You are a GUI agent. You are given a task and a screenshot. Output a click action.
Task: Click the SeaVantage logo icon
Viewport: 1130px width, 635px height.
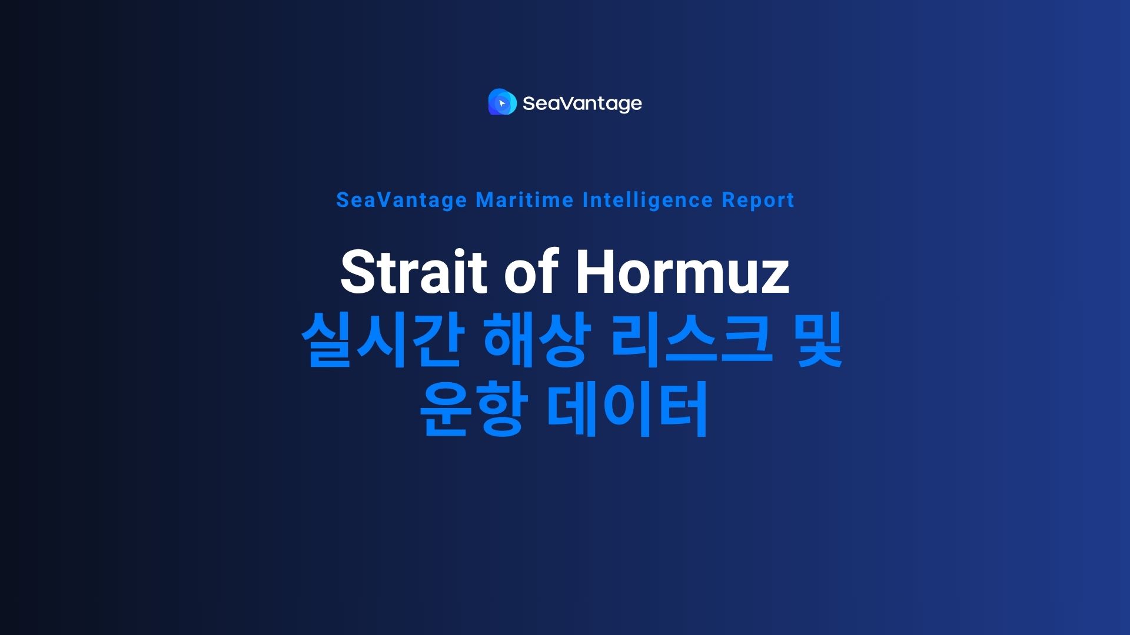click(x=502, y=102)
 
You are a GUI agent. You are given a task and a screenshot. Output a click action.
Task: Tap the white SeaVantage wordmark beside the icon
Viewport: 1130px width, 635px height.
click(x=581, y=103)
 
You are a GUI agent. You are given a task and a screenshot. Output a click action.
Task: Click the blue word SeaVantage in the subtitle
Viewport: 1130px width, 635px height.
click(x=401, y=200)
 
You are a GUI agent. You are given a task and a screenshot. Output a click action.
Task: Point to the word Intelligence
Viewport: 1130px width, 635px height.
click(x=647, y=200)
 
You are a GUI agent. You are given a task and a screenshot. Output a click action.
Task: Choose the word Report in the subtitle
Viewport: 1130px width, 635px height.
click(x=758, y=200)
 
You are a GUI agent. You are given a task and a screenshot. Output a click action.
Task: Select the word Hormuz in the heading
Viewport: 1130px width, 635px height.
click(x=682, y=272)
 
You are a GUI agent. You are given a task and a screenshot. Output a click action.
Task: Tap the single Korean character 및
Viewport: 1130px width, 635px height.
click(x=819, y=340)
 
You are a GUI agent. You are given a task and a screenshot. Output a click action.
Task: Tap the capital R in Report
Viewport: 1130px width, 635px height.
click(x=728, y=200)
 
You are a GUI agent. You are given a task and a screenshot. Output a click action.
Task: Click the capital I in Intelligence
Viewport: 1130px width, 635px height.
click(x=585, y=200)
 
